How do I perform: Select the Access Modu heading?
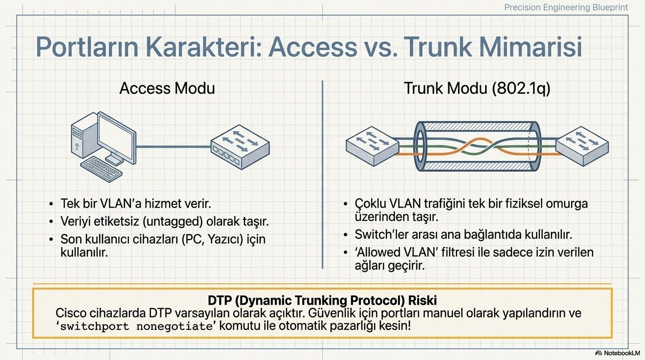pos(167,88)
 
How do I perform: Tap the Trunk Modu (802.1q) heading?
pos(477,89)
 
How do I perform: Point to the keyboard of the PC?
pos(101,169)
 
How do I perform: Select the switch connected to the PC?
pos(240,147)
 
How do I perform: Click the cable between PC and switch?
pos(173,147)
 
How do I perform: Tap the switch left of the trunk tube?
pos(372,146)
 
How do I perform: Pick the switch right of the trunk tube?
pos(582,146)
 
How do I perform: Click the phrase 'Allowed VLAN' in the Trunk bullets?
pos(396,252)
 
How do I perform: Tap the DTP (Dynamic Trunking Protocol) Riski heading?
pos(322,300)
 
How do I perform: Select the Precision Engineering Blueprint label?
pos(566,7)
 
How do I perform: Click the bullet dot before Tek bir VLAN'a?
pos(51,204)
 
